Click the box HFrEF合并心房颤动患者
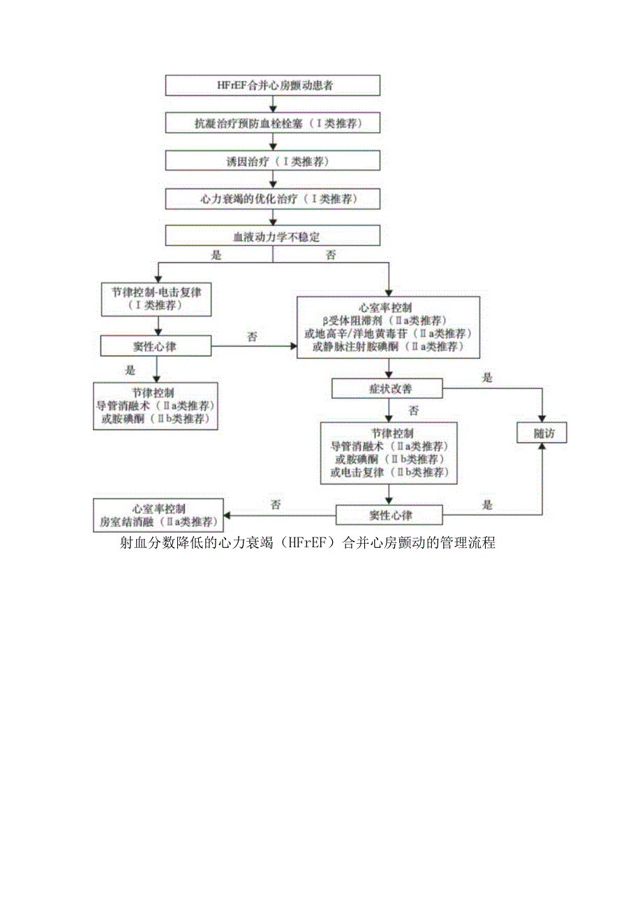point(273,85)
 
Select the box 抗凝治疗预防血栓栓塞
point(273,123)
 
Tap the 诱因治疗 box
point(273,161)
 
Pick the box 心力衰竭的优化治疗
point(273,199)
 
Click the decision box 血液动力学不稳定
point(273,236)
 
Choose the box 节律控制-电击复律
point(156,298)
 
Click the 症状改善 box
point(387,388)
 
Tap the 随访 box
point(541,433)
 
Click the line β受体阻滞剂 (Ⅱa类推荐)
point(389,321)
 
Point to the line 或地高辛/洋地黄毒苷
point(389,333)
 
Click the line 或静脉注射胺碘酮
point(389,346)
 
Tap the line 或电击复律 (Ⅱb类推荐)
point(389,473)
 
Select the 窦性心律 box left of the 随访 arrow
point(389,515)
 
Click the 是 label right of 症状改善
point(487,378)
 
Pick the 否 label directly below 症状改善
point(414,410)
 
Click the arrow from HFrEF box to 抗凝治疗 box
point(273,104)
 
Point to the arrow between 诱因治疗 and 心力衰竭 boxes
point(273,180)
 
